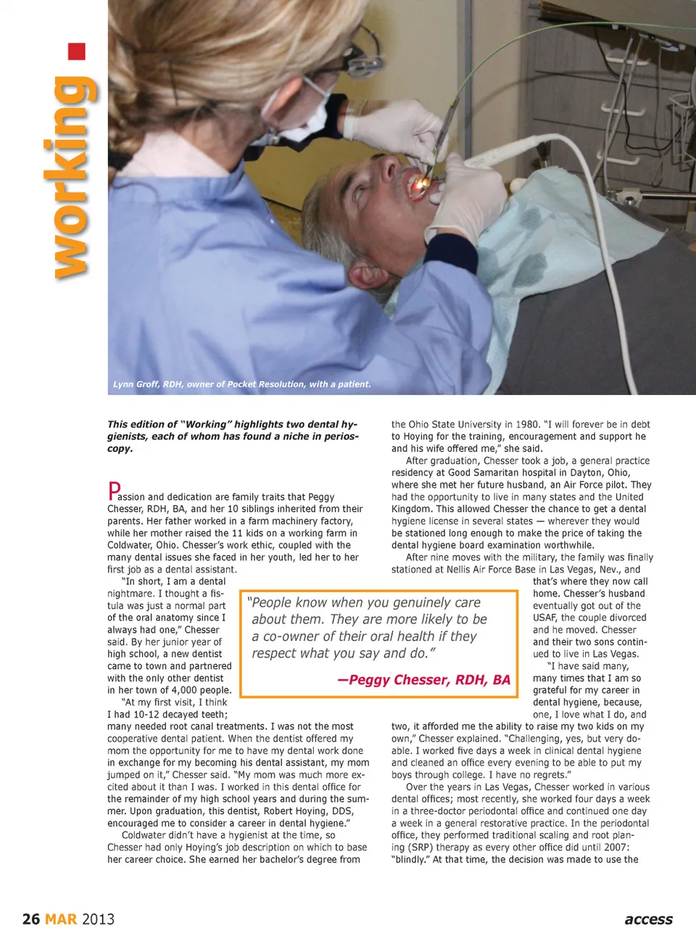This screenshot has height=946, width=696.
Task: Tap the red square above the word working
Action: point(77,51)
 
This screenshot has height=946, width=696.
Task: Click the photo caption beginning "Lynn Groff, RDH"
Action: point(241,384)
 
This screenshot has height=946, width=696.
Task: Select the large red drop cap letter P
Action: point(114,491)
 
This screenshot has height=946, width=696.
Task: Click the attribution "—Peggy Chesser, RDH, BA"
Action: point(424,680)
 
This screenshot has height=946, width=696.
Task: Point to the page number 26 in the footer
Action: point(31,919)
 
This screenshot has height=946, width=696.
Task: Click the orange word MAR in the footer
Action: point(61,919)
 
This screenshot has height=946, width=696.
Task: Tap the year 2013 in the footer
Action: point(98,919)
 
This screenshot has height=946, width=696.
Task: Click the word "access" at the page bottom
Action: point(648,919)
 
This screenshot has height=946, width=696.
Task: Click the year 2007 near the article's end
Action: point(616,847)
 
